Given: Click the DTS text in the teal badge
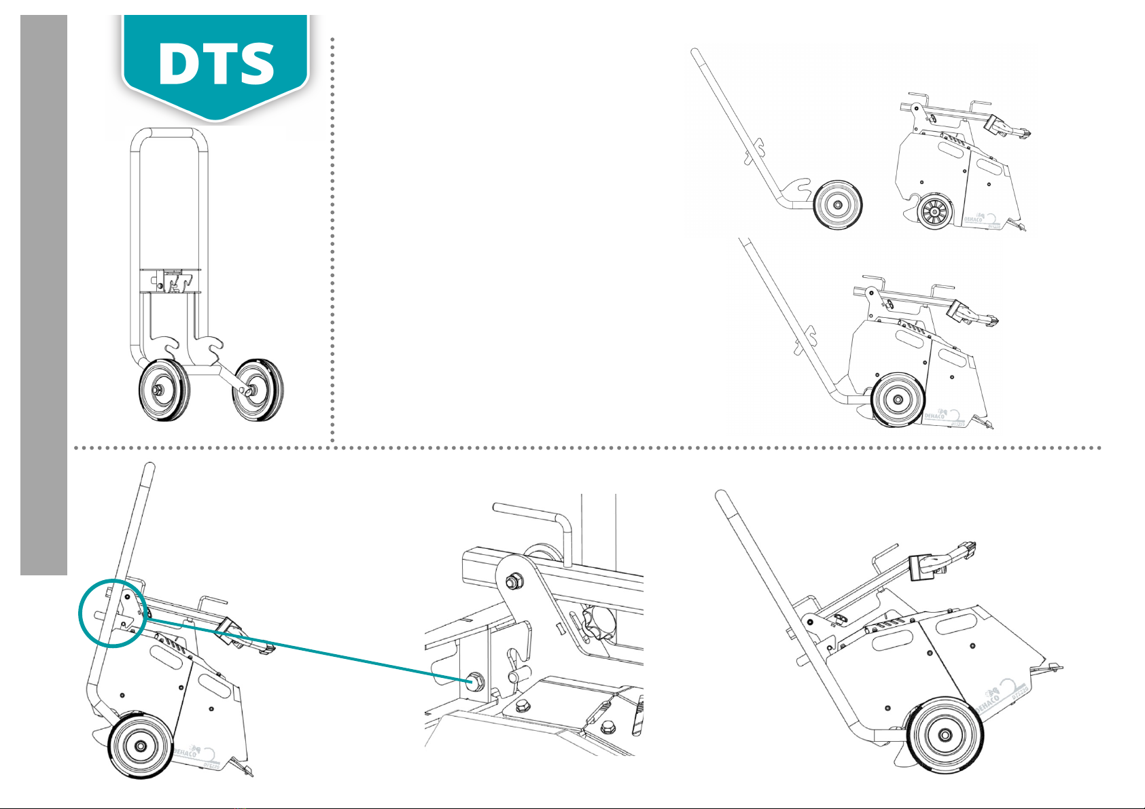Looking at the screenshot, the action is click(216, 62).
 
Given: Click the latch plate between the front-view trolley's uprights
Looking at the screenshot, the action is click(171, 279).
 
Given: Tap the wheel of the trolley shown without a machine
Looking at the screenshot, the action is click(838, 204).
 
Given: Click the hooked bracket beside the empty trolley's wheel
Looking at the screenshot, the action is click(796, 187).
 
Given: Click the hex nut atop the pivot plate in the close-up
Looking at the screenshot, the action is click(514, 581).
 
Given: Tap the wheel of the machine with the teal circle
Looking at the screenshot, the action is click(139, 745).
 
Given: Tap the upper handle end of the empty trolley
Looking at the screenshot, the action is click(694, 52).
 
